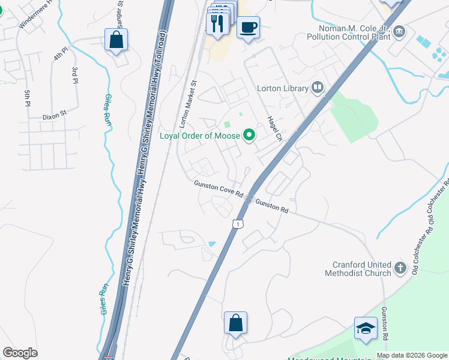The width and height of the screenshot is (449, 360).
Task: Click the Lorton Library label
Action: coord(282,88)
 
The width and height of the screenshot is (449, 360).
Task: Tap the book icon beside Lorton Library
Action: coord(318,88)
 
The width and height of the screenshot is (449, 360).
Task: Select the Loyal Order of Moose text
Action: coord(200,136)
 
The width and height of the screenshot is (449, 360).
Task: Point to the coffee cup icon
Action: coord(248,27)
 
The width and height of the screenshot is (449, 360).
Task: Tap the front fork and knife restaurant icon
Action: coord(217,24)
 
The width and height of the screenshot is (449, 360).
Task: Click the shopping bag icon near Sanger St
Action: coord(116,40)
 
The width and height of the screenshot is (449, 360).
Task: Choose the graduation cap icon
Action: coord(366,328)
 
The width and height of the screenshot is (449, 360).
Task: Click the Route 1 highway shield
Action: coord(238,224)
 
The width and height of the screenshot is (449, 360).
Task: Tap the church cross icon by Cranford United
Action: coord(401,266)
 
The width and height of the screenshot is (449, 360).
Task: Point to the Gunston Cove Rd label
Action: coord(218,189)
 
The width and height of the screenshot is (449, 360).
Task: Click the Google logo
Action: coord(20,353)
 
